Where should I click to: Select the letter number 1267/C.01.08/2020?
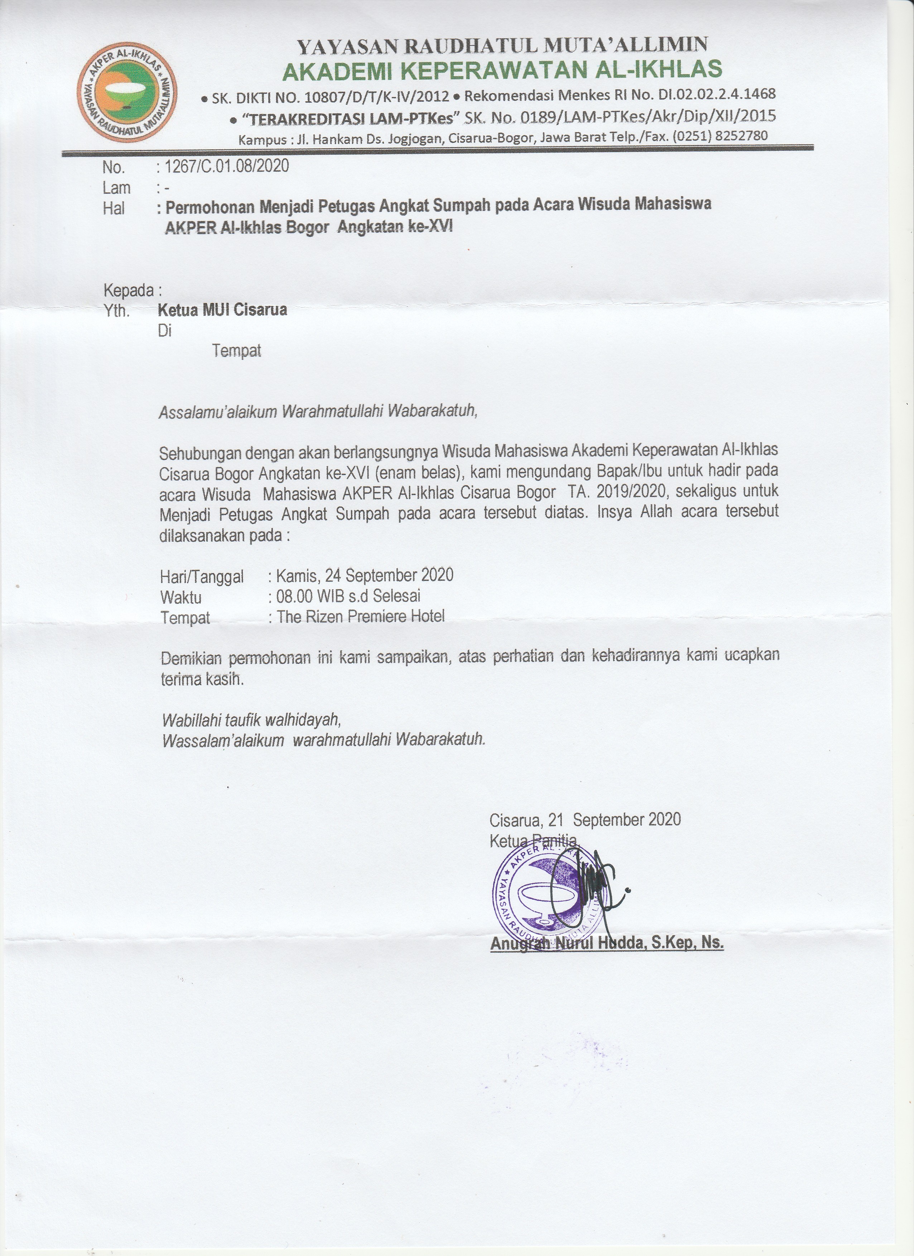227,166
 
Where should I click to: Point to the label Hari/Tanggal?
202,577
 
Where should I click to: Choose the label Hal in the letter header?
114,208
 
